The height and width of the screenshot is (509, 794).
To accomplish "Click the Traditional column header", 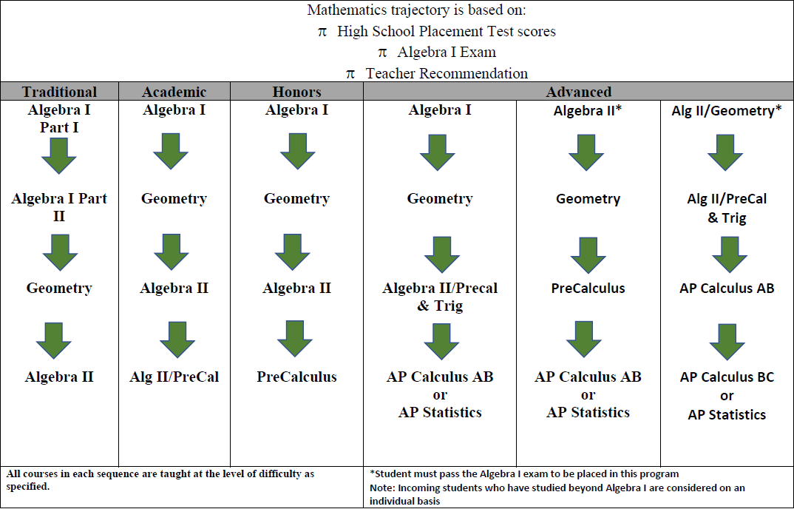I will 59,92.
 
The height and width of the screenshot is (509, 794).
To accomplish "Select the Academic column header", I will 174,92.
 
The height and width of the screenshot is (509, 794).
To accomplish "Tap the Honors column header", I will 296,92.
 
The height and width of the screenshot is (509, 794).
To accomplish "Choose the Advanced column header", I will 578,92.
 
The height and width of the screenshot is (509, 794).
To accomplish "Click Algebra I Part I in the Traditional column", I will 59,118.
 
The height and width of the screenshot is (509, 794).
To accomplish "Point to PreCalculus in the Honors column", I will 296,377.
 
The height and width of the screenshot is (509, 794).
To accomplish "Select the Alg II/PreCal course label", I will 174,377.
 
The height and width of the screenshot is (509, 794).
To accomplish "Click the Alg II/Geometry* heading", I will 726,110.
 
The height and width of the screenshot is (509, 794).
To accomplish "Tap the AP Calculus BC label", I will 726,377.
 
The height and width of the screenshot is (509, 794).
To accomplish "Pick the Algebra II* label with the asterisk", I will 588,110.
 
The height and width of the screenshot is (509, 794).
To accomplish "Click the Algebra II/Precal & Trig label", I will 440,297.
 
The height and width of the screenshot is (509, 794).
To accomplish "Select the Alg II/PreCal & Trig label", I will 726,208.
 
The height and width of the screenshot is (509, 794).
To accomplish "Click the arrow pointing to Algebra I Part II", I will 59,155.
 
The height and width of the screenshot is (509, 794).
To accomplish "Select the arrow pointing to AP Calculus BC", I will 727,341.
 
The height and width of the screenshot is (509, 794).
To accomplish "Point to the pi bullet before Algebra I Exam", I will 382,53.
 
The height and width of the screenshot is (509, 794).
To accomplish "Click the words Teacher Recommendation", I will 447,73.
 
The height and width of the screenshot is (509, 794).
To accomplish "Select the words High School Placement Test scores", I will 446,32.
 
